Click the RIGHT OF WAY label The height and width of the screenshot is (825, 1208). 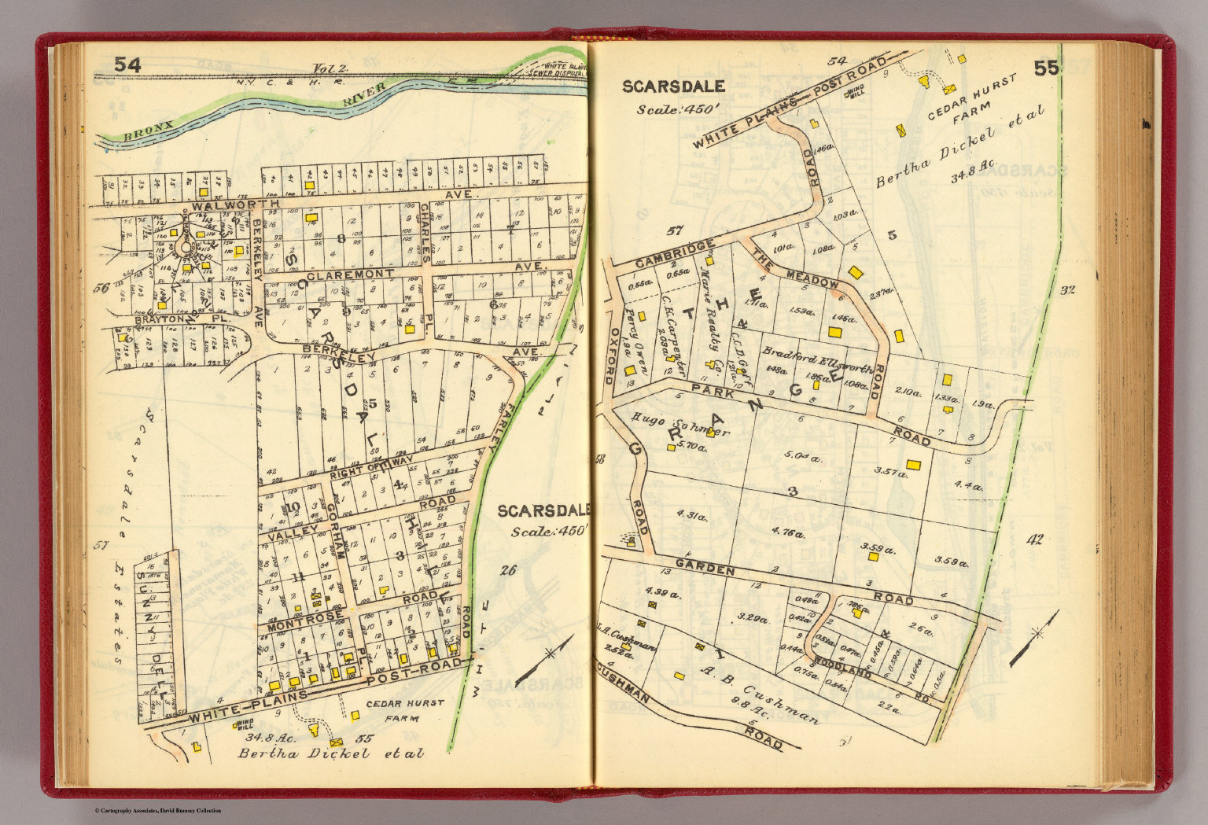pos(365,469)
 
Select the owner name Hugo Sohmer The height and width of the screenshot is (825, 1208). pos(680,425)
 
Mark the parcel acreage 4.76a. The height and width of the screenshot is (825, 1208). pos(788,533)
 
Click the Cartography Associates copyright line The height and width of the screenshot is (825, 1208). pos(157,811)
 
